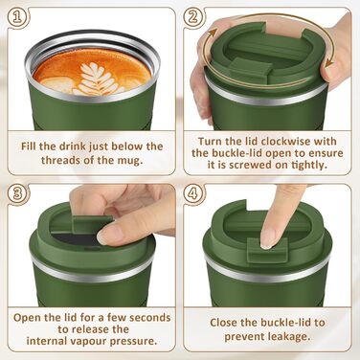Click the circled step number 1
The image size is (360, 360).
coord(19,17)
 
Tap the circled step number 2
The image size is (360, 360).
coord(192,17)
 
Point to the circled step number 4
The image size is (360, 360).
coord(192,193)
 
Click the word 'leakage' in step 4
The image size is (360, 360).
coord(288,336)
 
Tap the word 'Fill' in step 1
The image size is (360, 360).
coord(29,146)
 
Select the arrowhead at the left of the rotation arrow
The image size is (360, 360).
coord(212,33)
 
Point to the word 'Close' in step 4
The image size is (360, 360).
coord(224,323)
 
